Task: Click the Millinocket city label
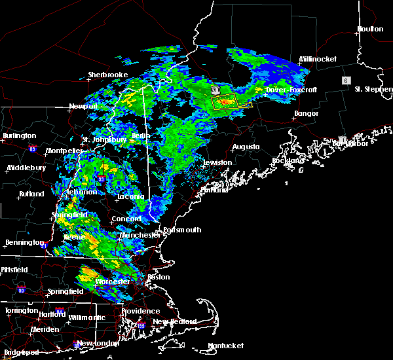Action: pos(318,59)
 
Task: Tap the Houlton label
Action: pos(369,29)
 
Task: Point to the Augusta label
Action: pos(246,147)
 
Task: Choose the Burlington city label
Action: pos(19,135)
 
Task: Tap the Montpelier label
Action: pos(64,151)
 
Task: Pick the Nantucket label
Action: pos(225,346)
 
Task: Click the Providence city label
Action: pos(140,312)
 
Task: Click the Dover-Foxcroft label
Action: pos(291,90)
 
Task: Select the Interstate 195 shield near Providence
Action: pos(141,325)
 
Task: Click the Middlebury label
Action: pos(27,168)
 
